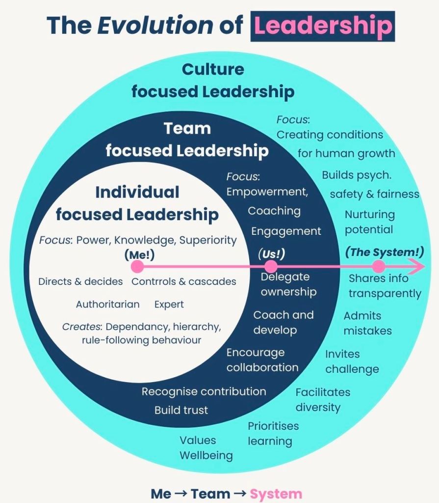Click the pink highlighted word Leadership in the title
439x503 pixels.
coord(322,26)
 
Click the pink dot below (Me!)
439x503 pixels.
coord(137,267)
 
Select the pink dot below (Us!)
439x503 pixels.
coord(271,267)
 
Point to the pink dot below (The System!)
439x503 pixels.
coord(378,267)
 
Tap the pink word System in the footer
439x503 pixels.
coord(276,493)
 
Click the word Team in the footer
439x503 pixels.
coord(210,493)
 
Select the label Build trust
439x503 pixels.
coord(181,410)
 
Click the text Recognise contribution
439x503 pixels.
coord(204,391)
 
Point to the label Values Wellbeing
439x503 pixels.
coord(206,447)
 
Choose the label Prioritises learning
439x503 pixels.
coord(273,433)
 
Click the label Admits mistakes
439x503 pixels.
coord(367,323)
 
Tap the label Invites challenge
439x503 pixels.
coord(352,362)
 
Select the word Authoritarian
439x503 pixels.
coord(107,305)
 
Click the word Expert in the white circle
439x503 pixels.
coord(169,305)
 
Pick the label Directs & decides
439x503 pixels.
coord(80,281)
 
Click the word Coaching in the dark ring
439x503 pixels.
coord(274,211)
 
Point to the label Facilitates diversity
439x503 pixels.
coord(323,399)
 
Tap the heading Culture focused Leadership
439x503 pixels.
coord(213,80)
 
